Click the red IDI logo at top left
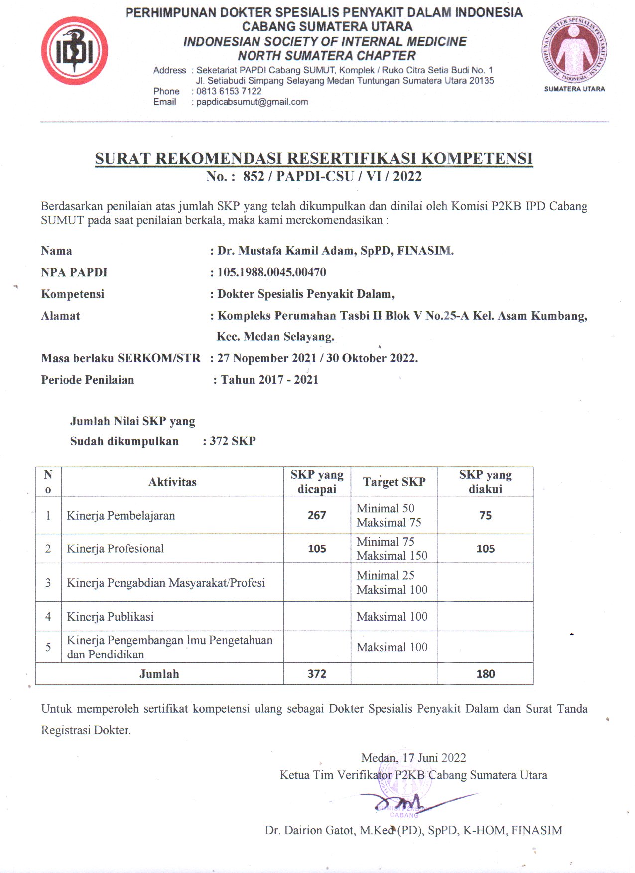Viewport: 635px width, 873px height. point(74,51)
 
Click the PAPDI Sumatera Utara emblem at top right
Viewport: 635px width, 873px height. point(574,50)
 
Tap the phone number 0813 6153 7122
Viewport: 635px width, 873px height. point(229,91)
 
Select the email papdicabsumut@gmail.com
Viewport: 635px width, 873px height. point(252,102)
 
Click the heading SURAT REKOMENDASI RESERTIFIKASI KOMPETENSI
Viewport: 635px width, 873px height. point(314,158)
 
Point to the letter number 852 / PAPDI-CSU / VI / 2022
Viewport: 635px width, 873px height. point(332,176)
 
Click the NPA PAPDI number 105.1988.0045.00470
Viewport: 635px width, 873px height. point(271,272)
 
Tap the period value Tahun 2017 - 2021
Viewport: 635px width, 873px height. point(269,380)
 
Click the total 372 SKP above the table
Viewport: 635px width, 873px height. point(232,441)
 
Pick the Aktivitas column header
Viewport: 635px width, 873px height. point(172,482)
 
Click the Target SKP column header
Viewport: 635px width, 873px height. point(394,482)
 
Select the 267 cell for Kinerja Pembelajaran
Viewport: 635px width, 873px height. point(317,515)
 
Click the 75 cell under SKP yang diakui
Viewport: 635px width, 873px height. point(485,515)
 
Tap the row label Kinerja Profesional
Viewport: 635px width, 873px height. point(115,548)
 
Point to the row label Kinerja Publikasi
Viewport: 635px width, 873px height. point(110,617)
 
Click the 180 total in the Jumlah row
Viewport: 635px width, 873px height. point(485,674)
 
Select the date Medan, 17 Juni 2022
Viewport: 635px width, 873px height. point(413,758)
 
